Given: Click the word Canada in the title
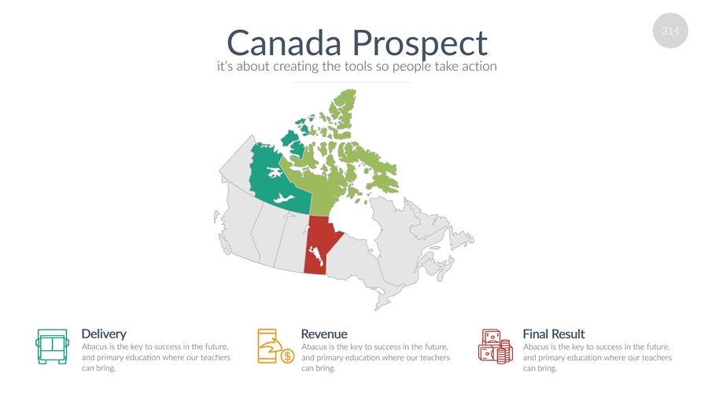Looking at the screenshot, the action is pos(284,43).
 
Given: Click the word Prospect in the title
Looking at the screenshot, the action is pos(420,45).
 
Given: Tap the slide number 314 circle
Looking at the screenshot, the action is pos(670,31).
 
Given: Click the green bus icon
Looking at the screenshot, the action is pos(53,347).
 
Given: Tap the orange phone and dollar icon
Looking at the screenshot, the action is pos(275,346).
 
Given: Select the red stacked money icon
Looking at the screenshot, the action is pos(496,346).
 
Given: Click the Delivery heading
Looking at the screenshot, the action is pos(104,334).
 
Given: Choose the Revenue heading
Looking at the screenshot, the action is pos(324,334).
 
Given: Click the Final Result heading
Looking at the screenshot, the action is pos(554,334).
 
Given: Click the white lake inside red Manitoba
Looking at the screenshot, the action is pos(317,256).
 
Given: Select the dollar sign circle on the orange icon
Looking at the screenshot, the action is pos(287,356).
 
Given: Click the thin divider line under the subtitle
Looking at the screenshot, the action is pos(351,82).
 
